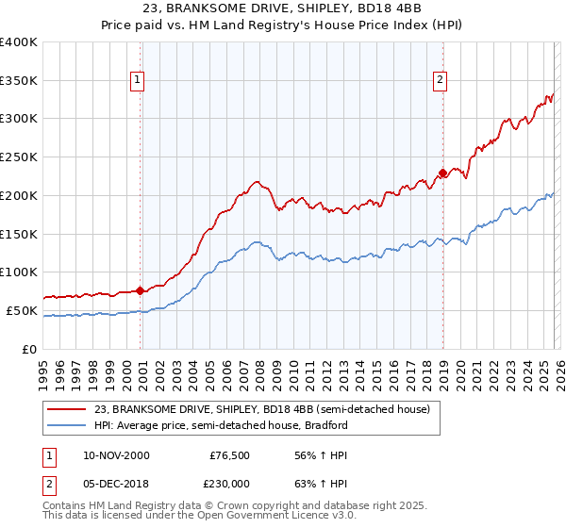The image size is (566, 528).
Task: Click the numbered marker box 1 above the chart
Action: click(x=138, y=81)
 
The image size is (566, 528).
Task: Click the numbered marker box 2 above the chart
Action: click(x=440, y=81)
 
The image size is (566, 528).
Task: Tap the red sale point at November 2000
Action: click(x=141, y=290)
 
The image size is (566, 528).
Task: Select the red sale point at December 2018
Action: click(x=441, y=173)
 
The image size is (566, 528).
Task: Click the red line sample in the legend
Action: click(x=68, y=409)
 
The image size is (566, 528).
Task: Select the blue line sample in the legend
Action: click(x=68, y=425)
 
